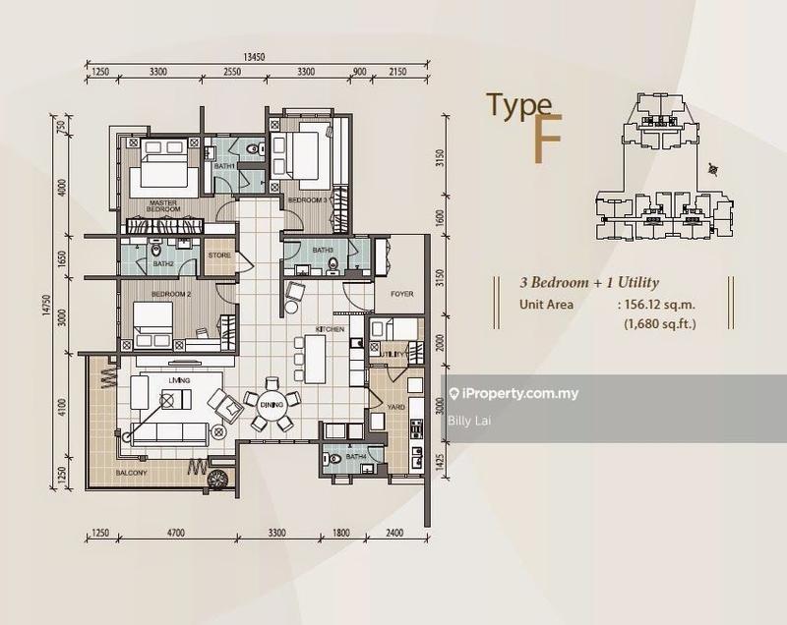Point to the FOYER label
401,293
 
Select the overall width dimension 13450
260,57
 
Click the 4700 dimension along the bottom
174,534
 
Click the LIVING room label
177,379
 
